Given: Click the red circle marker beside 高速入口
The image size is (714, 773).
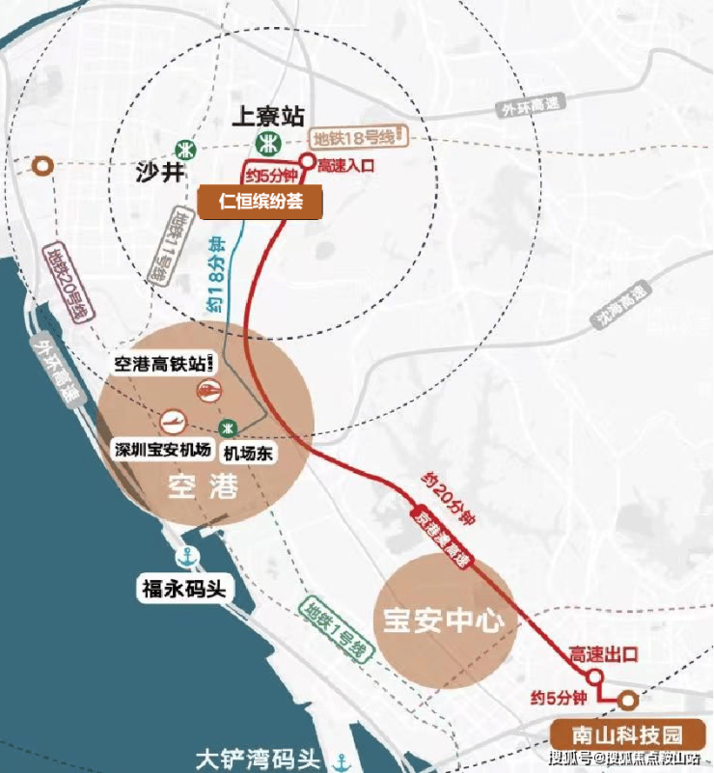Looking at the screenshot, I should coord(307,162).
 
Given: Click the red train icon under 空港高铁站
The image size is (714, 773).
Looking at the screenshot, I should coord(207,389).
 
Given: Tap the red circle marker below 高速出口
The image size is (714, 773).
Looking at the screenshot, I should coord(595,676).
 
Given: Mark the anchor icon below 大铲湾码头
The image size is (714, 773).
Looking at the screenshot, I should coord(343,762).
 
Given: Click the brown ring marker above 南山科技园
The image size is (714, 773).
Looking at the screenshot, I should coord(628,700).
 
